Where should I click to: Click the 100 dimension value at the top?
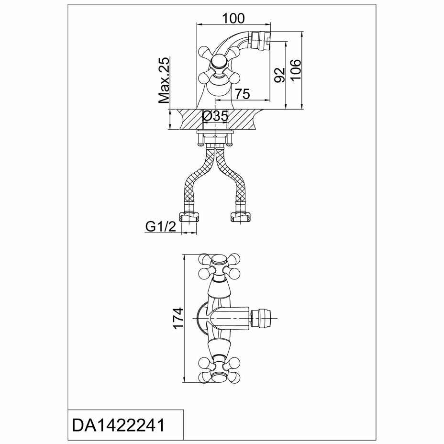pyautogui.click(x=233, y=18)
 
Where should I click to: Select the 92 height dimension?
pyautogui.click(x=279, y=74)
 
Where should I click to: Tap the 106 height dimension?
pyautogui.click(x=296, y=70)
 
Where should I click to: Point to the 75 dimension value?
pyautogui.click(x=243, y=94)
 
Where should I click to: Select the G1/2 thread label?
pyautogui.click(x=161, y=227)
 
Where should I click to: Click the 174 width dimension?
pyautogui.click(x=178, y=319)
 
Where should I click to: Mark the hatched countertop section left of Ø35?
pyautogui.click(x=187, y=119)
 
